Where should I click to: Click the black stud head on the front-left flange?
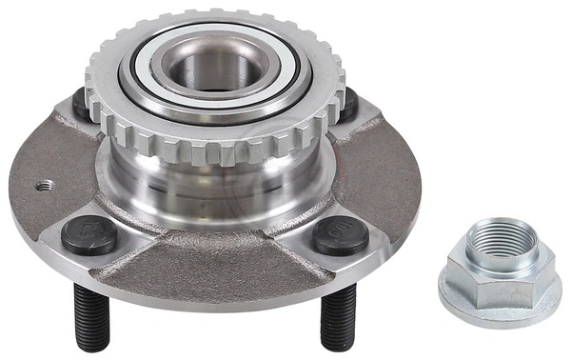coord(89,233)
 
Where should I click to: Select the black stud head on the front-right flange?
coord(341,234)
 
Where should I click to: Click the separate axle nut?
coord(500,271)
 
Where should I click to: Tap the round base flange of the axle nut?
coord(500,305)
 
